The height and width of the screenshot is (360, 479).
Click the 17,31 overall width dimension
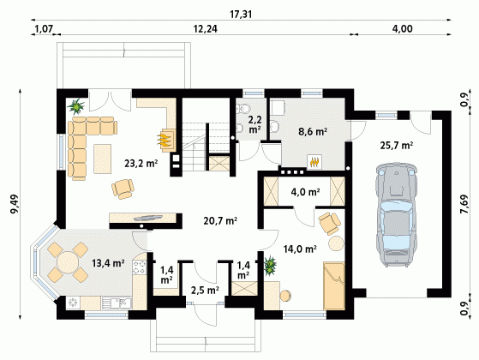pyautogui.click(x=241, y=15)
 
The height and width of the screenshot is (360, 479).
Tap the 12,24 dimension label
pyautogui.click(x=206, y=29)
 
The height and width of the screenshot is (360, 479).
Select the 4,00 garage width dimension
pyautogui.click(x=403, y=29)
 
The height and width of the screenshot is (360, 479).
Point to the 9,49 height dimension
pyautogui.click(x=15, y=204)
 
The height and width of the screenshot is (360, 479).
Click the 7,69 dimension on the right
pyautogui.click(x=464, y=204)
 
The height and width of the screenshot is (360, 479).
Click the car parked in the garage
pyautogui.click(x=396, y=215)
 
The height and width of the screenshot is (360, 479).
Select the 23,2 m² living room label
pyautogui.click(x=141, y=164)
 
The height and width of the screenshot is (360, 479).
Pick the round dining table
pyautogui.click(x=68, y=262)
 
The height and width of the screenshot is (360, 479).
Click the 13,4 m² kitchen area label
pyautogui.click(x=108, y=262)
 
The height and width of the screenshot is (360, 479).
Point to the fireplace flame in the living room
pyautogui.click(x=164, y=140)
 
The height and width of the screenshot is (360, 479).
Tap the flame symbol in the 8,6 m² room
pyautogui.click(x=314, y=161)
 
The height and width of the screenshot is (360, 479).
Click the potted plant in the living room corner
pyautogui.click(x=75, y=106)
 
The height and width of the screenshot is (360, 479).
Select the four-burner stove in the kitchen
pyautogui.click(x=140, y=267)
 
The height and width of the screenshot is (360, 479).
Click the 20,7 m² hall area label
pyautogui.click(x=220, y=220)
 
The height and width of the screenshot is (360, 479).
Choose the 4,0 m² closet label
pyautogui.click(x=305, y=192)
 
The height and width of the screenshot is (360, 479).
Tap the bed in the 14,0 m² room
pyautogui.click(x=334, y=285)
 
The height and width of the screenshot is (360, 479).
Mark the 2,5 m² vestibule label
pyautogui.click(x=205, y=290)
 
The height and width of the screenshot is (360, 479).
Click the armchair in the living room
pyautogui.click(x=123, y=189)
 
